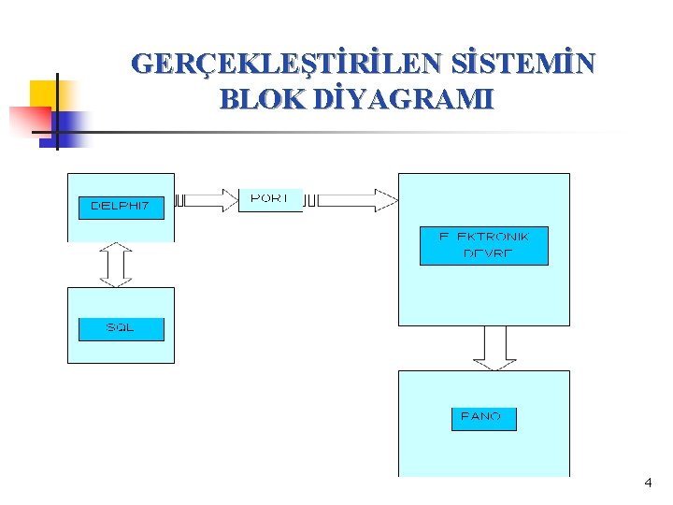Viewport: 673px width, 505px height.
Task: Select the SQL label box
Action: point(121,328)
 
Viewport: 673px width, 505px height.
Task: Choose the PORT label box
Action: point(270,200)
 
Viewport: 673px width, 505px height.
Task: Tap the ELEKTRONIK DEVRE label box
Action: point(483,246)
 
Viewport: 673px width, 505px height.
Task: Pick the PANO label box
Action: point(483,417)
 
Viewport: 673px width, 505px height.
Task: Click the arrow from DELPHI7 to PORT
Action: point(207,199)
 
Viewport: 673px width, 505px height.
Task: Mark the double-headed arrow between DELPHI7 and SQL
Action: point(117,265)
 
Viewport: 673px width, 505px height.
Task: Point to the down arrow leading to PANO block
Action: point(494,348)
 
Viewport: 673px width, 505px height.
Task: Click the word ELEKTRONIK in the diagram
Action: point(483,237)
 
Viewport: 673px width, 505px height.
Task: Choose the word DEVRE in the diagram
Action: point(488,254)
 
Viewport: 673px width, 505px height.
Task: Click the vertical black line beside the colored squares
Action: point(57,110)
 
